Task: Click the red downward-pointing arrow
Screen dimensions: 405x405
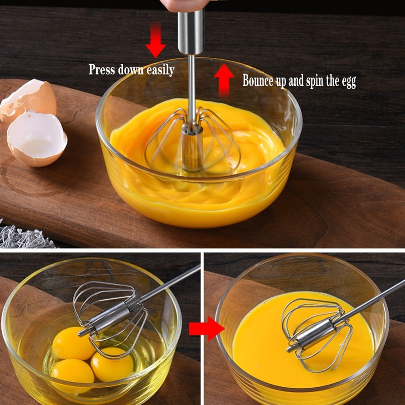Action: click(x=155, y=42)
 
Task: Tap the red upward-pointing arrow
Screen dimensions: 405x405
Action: click(x=223, y=79)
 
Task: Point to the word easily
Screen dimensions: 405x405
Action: click(x=160, y=70)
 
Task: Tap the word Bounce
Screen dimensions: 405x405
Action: click(x=259, y=80)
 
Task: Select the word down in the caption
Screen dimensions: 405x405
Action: click(x=131, y=69)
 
